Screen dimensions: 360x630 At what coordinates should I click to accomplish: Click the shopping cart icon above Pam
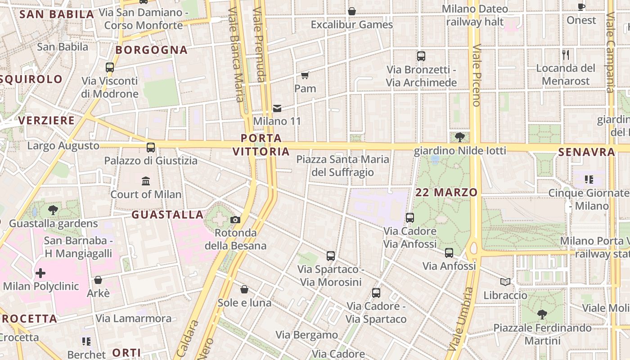click(305, 75)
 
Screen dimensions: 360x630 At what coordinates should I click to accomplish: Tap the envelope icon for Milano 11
click(277, 108)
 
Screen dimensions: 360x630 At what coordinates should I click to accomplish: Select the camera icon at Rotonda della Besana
click(235, 220)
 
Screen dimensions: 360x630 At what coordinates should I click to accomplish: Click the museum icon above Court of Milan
click(146, 181)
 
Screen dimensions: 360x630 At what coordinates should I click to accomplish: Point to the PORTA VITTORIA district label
click(261, 145)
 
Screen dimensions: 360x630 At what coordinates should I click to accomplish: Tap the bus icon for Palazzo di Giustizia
click(151, 147)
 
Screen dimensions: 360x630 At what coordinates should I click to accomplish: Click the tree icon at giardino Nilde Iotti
click(459, 137)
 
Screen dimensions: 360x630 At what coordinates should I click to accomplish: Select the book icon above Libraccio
click(505, 282)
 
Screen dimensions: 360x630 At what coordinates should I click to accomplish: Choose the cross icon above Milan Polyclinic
click(40, 273)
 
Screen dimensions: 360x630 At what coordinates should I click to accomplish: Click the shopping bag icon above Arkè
click(98, 280)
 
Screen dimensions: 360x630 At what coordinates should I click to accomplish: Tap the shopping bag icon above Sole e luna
click(244, 289)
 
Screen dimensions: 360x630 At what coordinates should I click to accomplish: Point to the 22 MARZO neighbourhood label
click(446, 193)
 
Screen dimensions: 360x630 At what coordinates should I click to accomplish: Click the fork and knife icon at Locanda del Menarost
click(566, 55)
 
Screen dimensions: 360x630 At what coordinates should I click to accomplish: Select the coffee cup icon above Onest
click(581, 7)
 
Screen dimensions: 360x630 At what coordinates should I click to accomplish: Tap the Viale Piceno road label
click(477, 75)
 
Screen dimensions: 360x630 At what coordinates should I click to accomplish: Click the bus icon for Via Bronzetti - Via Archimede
click(421, 56)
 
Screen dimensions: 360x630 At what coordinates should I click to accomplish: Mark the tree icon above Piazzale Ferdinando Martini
click(542, 314)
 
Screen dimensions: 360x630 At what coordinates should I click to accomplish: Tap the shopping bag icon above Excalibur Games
click(352, 11)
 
